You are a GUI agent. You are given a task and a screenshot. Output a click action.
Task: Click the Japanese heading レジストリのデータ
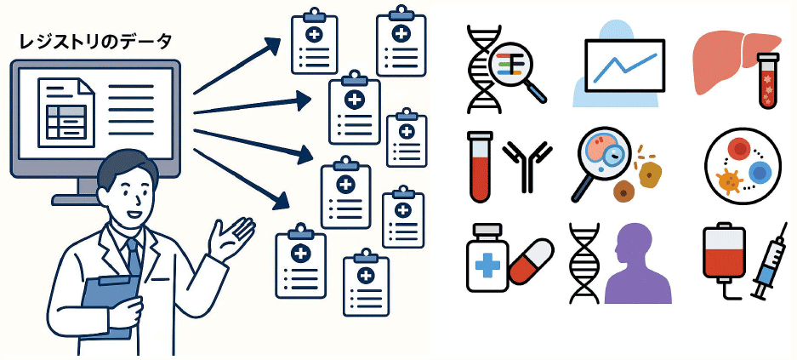click(x=95, y=41)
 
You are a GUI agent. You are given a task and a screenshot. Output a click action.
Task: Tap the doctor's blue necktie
click(x=132, y=254)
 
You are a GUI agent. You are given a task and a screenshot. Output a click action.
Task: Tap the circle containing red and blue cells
click(x=742, y=167)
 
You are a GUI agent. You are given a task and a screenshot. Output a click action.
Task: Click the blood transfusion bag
click(x=724, y=254)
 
